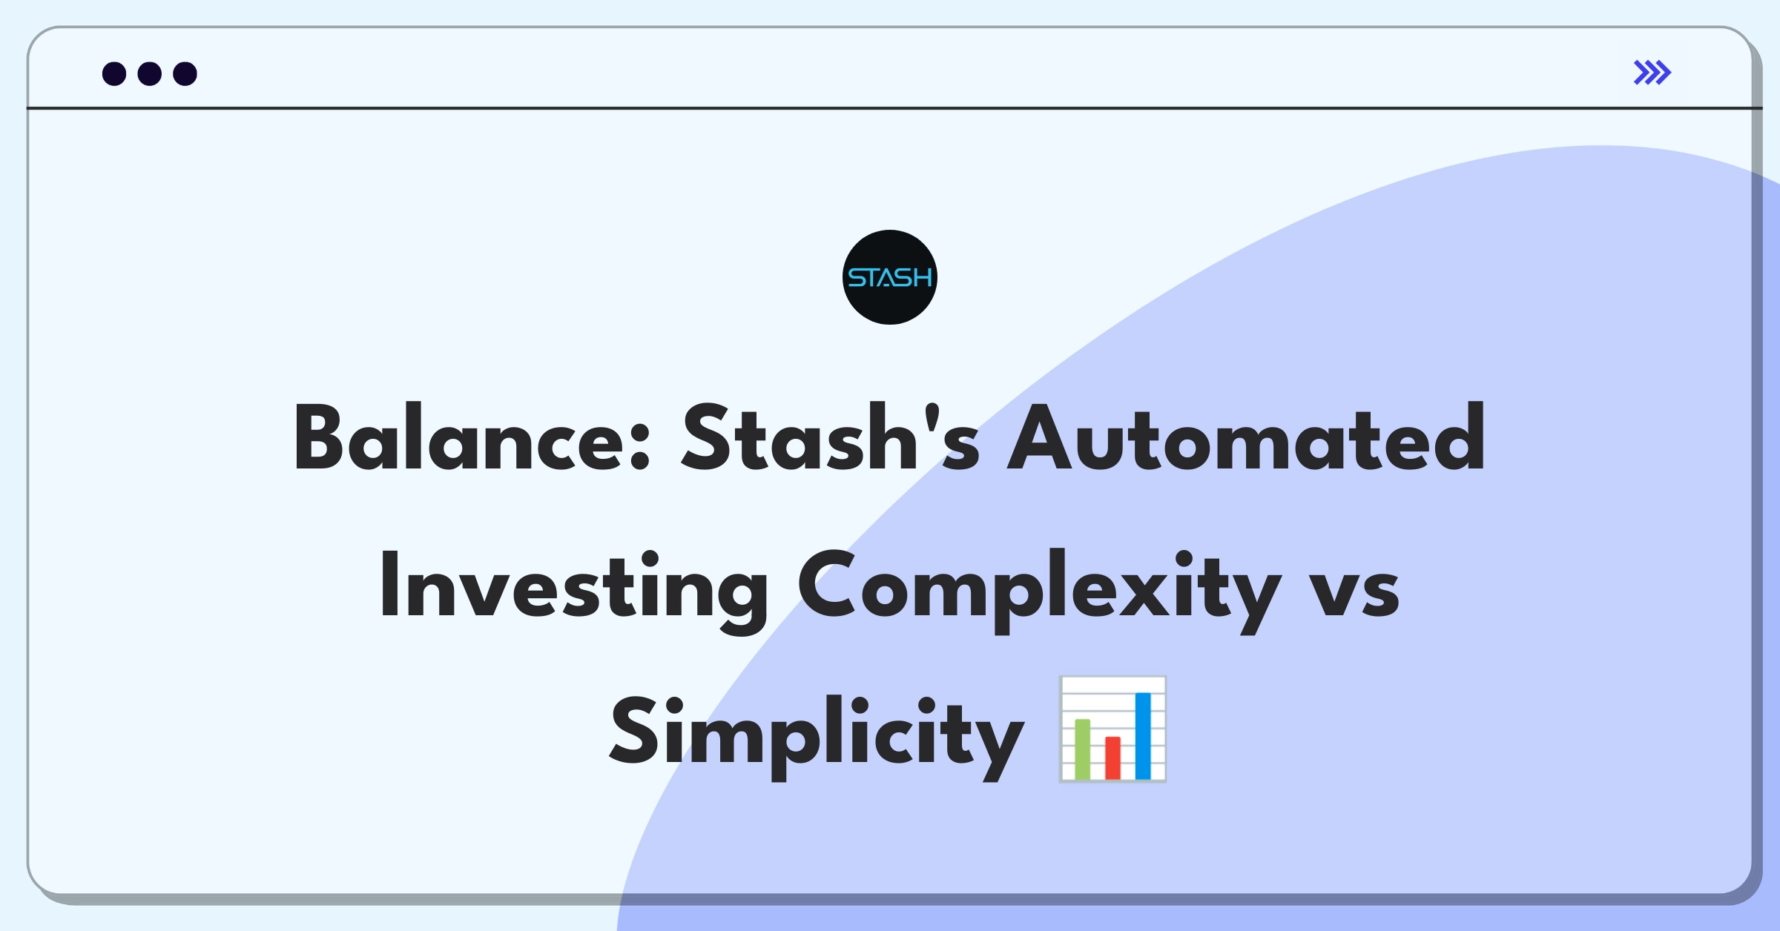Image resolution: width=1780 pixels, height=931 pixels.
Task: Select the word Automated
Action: pyautogui.click(x=1246, y=438)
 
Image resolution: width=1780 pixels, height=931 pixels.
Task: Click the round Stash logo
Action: pyautogui.click(x=890, y=277)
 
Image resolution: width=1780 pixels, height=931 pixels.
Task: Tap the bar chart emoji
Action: pyautogui.click(x=1112, y=729)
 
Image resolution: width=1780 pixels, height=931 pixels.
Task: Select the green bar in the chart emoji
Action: pyautogui.click(x=1083, y=749)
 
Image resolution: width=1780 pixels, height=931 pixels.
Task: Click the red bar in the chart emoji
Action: pyautogui.click(x=1112, y=758)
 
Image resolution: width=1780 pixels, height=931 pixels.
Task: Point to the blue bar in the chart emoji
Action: pyautogui.click(x=1143, y=736)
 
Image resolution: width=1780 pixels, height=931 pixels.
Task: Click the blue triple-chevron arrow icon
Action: pyautogui.click(x=1652, y=73)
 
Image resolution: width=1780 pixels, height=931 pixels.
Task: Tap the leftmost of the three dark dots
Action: pyautogui.click(x=114, y=73)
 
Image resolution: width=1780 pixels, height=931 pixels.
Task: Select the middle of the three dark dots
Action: pyautogui.click(x=150, y=73)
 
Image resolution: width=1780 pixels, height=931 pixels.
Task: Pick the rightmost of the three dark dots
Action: pyautogui.click(x=185, y=73)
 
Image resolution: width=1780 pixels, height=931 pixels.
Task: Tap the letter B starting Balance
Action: pyautogui.click(x=319, y=438)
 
